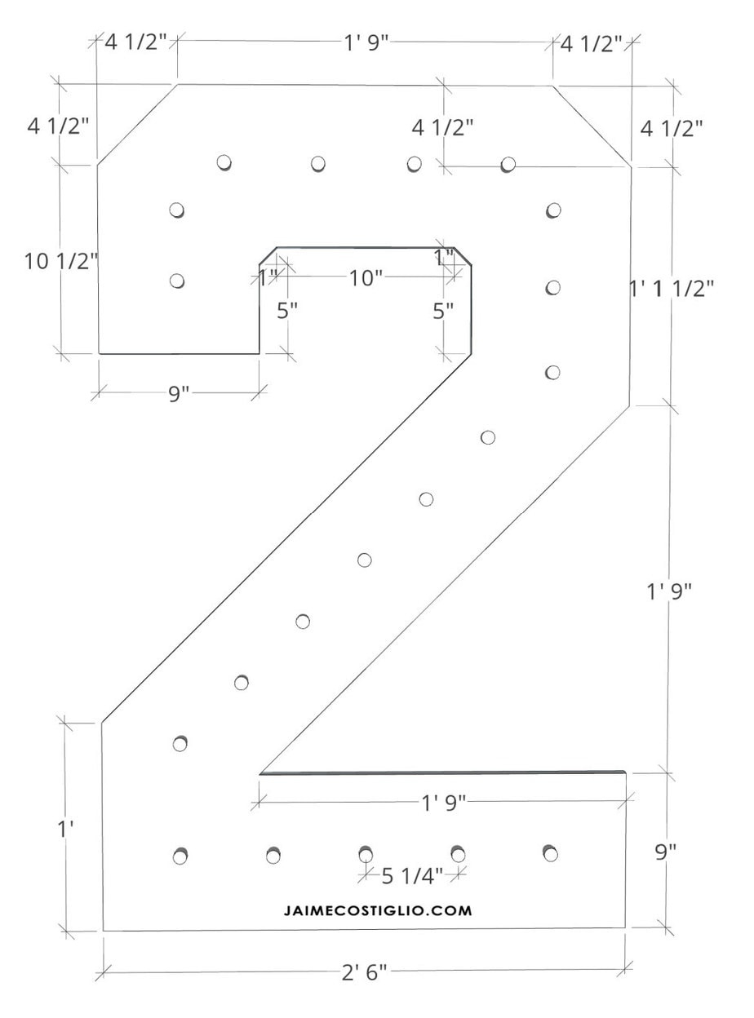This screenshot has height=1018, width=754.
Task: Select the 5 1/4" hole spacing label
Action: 412,876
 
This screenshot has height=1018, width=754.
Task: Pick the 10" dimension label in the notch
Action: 366,278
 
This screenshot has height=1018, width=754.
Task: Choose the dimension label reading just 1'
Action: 65,828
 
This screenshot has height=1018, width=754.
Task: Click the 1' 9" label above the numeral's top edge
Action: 365,43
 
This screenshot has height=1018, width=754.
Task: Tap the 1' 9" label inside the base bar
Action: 443,803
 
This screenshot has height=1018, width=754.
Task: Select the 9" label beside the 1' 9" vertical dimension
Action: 666,852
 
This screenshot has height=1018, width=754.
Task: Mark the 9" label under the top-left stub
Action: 179,393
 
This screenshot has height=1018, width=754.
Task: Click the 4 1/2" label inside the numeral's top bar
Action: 442,127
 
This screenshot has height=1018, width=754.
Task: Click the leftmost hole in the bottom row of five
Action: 181,856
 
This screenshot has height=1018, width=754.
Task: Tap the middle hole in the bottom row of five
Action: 366,854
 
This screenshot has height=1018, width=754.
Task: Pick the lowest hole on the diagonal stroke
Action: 181,743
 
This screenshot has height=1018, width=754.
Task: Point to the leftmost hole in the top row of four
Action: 224,162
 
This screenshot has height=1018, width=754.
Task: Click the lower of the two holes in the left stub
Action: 176,281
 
